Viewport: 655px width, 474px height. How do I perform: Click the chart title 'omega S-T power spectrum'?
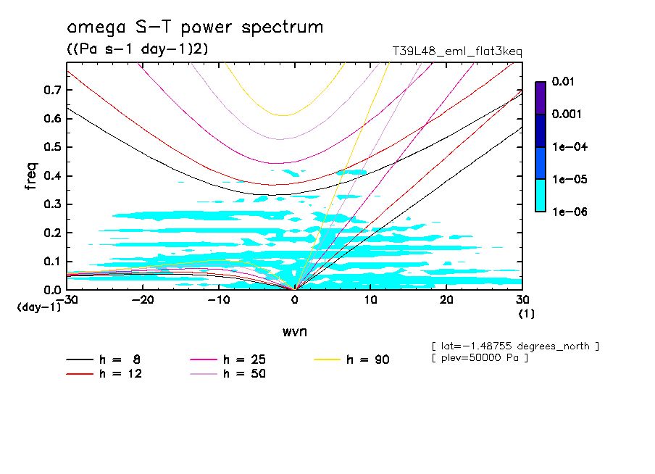coord(194,28)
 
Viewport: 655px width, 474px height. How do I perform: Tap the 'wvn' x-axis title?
coord(294,331)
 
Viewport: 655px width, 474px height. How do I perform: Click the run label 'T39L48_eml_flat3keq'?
coord(456,51)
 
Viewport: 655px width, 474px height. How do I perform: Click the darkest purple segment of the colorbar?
coord(540,97)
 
